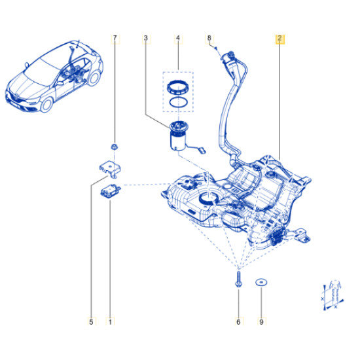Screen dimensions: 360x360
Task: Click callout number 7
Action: pos(115,38)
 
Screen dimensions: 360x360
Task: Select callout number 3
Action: pos(146,38)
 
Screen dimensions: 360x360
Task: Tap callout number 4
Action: pos(178,38)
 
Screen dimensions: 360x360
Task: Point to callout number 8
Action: pos(209,38)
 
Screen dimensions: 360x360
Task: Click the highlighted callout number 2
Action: pos(280,39)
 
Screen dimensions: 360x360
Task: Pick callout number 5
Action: pos(91,321)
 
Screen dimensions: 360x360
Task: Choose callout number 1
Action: pos(110,321)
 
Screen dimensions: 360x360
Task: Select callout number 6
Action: pos(238,321)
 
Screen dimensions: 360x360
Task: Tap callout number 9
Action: pos(261,321)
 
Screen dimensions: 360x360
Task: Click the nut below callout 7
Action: pos(114,147)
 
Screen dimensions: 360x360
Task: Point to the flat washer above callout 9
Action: pos(261,282)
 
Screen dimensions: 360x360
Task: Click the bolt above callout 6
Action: pos(238,279)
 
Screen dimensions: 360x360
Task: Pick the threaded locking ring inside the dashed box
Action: pos(178,87)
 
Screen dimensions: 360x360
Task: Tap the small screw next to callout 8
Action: pos(215,48)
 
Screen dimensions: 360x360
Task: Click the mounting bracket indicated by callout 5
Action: pos(110,169)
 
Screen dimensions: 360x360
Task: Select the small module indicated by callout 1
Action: pos(111,190)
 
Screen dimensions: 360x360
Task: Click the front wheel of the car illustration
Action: pos(46,105)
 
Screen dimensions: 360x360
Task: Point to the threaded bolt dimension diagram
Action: pos(333,295)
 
